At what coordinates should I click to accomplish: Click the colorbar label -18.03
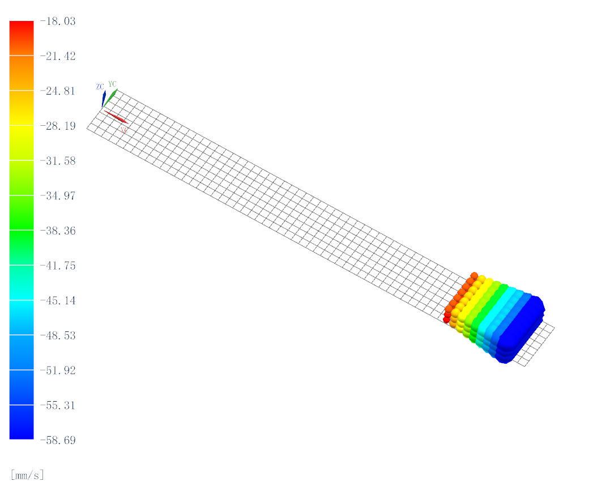(x=58, y=21)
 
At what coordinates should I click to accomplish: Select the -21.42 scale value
(x=58, y=56)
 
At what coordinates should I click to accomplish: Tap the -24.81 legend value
(x=58, y=91)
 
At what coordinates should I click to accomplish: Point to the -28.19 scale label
(x=58, y=126)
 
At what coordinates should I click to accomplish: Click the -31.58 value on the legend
(x=58, y=161)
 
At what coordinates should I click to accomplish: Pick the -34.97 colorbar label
(x=58, y=196)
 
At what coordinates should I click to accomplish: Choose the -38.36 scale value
(x=58, y=231)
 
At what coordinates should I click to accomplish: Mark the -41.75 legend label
(x=58, y=266)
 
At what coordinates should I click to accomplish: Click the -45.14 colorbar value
(x=58, y=301)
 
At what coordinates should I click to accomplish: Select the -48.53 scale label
(x=58, y=335)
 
